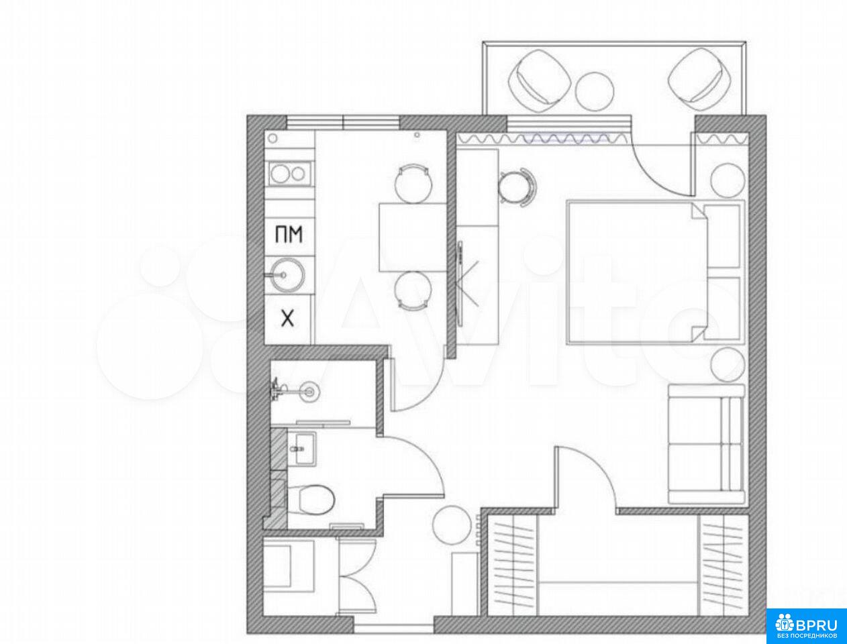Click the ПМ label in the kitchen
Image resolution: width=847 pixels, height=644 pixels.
[x=289, y=234]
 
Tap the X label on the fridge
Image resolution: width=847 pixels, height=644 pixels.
[x=287, y=319]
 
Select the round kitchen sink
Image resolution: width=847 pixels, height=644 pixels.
[x=287, y=274]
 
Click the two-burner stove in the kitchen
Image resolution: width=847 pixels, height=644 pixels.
[x=290, y=174]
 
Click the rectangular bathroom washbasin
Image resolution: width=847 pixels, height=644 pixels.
[x=302, y=448]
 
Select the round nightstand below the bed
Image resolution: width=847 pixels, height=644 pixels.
[x=728, y=364]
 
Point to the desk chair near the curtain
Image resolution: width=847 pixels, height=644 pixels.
[x=517, y=188]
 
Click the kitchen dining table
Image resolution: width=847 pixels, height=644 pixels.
[x=413, y=237]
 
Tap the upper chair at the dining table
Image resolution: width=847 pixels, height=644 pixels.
[x=413, y=183]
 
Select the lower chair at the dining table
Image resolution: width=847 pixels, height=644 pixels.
[x=413, y=290]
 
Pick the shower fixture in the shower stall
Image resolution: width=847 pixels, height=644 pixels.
[x=297, y=391]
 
